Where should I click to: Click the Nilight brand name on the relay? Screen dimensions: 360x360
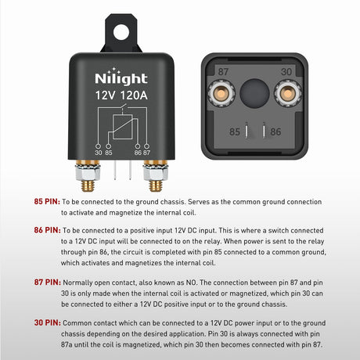[x=117, y=79]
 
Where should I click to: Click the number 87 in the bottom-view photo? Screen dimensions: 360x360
[x=224, y=70]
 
